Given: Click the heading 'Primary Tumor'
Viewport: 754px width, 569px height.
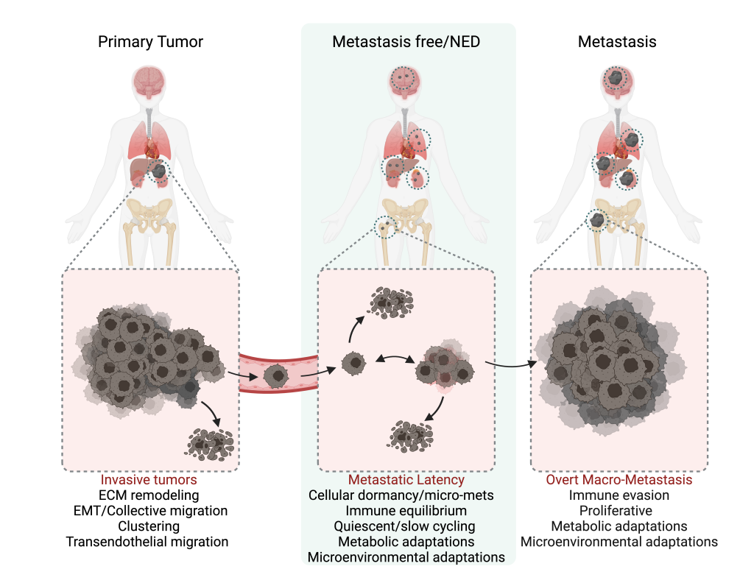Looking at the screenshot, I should click(150, 42).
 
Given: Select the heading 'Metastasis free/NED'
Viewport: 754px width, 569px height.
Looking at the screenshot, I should click(406, 42).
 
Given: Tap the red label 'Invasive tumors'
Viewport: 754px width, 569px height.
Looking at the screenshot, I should click(150, 480).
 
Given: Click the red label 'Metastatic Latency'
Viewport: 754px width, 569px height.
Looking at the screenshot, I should click(406, 480).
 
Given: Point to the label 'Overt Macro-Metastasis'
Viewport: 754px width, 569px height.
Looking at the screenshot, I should click(619, 480).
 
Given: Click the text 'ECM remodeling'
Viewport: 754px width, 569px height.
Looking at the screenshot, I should click(150, 495).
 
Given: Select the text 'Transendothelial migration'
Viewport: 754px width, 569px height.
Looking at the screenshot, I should click(147, 542).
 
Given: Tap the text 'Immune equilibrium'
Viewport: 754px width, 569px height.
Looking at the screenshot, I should click(406, 511).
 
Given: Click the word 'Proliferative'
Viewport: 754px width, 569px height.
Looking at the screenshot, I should click(619, 511).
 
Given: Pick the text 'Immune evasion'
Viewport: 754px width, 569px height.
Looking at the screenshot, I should click(619, 495).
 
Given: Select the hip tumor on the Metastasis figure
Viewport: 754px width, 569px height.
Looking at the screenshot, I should click(598, 220).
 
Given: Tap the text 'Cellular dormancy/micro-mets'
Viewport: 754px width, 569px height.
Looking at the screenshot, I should click(406, 495).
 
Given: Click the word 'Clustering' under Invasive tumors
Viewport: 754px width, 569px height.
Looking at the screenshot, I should click(149, 526).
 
